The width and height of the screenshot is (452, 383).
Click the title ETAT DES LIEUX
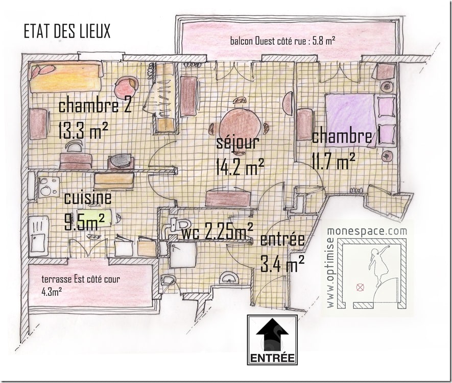point(67,32)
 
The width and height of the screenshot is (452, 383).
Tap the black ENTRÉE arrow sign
point(272,340)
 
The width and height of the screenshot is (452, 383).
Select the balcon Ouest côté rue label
point(282,40)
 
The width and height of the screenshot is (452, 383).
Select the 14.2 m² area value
point(240,166)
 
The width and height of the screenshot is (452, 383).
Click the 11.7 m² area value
point(334,162)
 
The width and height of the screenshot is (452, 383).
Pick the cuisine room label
point(87,198)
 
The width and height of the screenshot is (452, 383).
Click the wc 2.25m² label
point(217,233)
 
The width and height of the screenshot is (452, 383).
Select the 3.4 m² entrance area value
point(282,264)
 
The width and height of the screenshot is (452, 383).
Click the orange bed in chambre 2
point(65,77)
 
